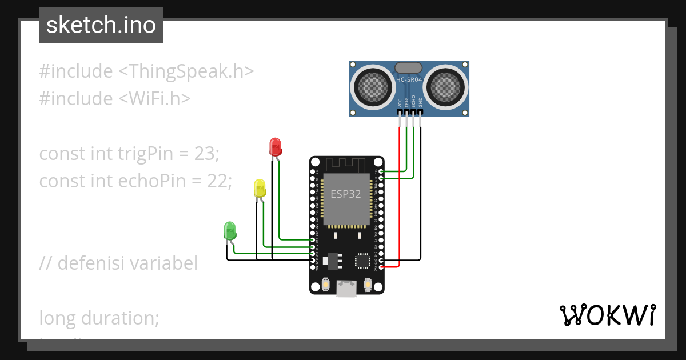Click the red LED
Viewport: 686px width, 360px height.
click(x=276, y=147)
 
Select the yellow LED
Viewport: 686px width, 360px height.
click(x=260, y=188)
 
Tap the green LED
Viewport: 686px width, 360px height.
click(x=229, y=231)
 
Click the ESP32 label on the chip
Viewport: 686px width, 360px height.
click(x=346, y=194)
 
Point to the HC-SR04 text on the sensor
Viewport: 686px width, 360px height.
click(x=409, y=80)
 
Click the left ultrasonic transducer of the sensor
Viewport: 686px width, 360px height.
click(x=373, y=87)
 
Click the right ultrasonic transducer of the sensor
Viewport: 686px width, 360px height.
click(x=446, y=87)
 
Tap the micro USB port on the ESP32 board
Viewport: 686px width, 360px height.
click(x=346, y=289)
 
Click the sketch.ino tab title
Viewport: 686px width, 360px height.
click(x=101, y=26)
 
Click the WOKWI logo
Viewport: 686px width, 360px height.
click(x=607, y=315)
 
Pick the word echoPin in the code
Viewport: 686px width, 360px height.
click(x=152, y=181)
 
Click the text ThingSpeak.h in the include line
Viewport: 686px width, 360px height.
click(x=186, y=71)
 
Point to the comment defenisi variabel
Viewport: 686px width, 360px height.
click(x=119, y=263)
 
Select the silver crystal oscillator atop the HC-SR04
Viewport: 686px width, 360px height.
click(x=409, y=67)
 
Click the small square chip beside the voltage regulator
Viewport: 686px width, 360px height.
click(x=362, y=261)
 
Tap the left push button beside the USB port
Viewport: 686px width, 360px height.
click(x=326, y=284)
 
